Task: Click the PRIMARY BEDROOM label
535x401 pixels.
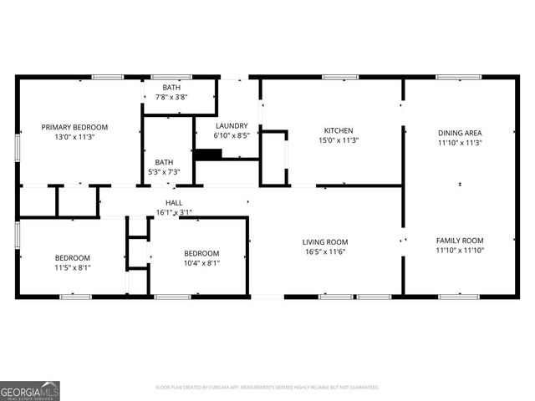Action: point(80,128)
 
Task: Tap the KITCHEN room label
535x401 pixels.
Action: point(339,130)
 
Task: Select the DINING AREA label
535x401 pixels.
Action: point(460,133)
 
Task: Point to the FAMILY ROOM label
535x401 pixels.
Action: point(460,241)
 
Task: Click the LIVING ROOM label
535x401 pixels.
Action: point(325,242)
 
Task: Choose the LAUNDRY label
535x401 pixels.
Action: point(231,125)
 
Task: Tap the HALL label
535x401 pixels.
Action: point(174,203)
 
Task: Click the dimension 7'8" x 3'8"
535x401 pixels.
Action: point(171,97)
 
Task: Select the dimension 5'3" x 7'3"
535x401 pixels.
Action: point(164,172)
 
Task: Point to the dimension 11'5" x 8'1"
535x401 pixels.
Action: point(73,268)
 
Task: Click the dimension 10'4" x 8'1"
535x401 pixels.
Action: point(201,263)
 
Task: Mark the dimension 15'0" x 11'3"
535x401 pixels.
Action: point(339,140)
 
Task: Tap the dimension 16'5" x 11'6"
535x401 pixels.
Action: point(325,251)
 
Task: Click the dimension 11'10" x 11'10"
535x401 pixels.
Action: point(460,250)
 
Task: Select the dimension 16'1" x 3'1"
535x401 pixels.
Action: point(174,212)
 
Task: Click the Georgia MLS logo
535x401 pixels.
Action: point(30,390)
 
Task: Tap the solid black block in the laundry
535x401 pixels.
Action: point(208,154)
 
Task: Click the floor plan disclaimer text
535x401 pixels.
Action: point(267,388)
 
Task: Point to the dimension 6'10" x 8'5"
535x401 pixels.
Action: point(231,135)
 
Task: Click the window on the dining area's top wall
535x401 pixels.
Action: point(458,78)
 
